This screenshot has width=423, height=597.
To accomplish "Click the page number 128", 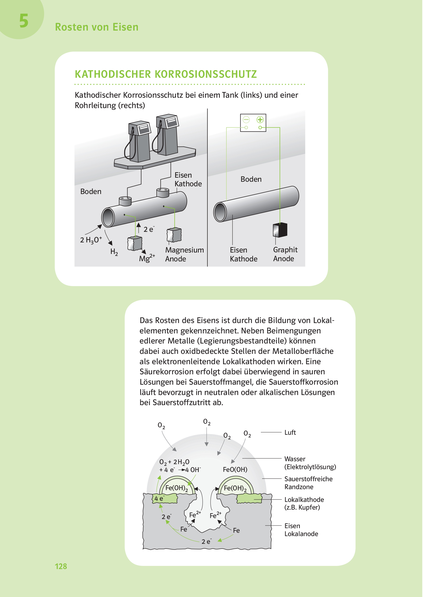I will pyautogui.click(x=61, y=566).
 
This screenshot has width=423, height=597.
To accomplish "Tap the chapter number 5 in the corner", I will pyautogui.click(x=24, y=21).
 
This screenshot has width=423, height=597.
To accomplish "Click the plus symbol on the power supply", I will pyautogui.click(x=260, y=120).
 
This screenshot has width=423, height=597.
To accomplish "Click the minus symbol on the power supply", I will pyautogui.click(x=246, y=120).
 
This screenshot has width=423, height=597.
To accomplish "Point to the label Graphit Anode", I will pyautogui.click(x=285, y=254).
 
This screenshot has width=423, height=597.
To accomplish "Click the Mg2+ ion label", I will pyautogui.click(x=147, y=258).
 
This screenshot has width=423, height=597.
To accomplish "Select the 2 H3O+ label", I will pyautogui.click(x=91, y=240).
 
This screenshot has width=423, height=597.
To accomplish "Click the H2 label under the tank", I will pyautogui.click(x=114, y=252).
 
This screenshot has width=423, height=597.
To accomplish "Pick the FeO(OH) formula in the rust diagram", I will pyautogui.click(x=235, y=470).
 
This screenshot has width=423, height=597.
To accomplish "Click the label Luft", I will pyautogui.click(x=290, y=433).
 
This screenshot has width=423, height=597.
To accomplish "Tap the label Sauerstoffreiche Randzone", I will pyautogui.click(x=308, y=483).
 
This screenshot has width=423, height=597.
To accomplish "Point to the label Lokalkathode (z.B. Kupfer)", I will pyautogui.click(x=304, y=503).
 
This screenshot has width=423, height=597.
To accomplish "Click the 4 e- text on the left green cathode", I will pyautogui.click(x=159, y=499).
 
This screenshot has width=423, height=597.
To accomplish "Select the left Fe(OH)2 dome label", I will pyautogui.click(x=176, y=488).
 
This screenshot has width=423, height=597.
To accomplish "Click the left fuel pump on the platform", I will pyautogui.click(x=139, y=141).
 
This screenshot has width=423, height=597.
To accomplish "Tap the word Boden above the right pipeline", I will pyautogui.click(x=251, y=179).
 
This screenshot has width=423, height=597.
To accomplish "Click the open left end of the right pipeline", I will pyautogui.click(x=220, y=212).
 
